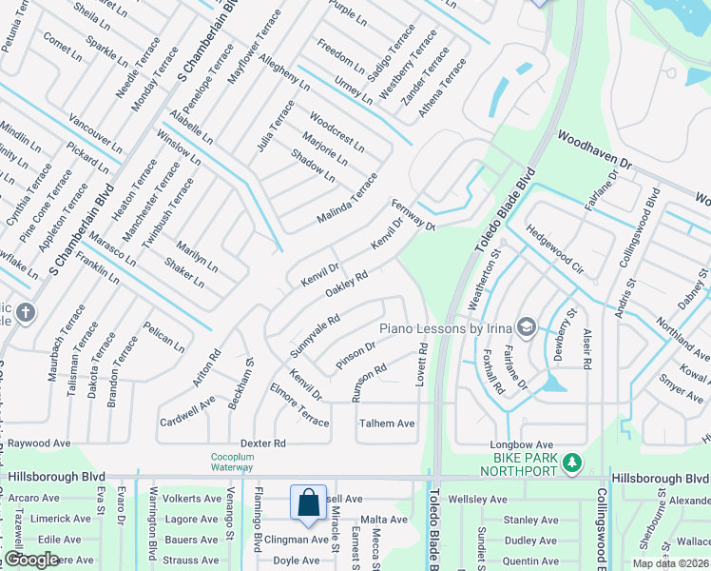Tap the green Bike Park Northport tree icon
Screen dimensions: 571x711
click(x=571, y=463)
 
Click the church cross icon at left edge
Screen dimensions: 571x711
click(x=26, y=311)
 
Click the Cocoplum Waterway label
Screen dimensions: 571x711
click(x=233, y=462)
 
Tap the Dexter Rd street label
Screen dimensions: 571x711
click(x=263, y=443)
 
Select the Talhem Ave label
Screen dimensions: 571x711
click(x=386, y=423)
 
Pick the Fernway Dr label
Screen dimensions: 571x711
click(x=412, y=215)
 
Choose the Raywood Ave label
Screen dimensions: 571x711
click(x=39, y=443)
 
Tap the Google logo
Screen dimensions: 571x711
click(x=31, y=560)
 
